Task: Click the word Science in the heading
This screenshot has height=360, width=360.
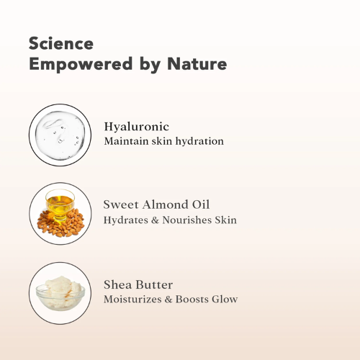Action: click(x=62, y=43)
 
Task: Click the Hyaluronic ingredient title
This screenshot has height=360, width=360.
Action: click(x=137, y=127)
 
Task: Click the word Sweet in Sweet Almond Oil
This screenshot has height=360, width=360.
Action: click(x=120, y=205)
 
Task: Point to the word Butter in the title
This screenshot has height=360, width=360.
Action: click(x=154, y=284)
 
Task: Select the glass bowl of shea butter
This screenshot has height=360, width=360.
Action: click(x=61, y=292)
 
